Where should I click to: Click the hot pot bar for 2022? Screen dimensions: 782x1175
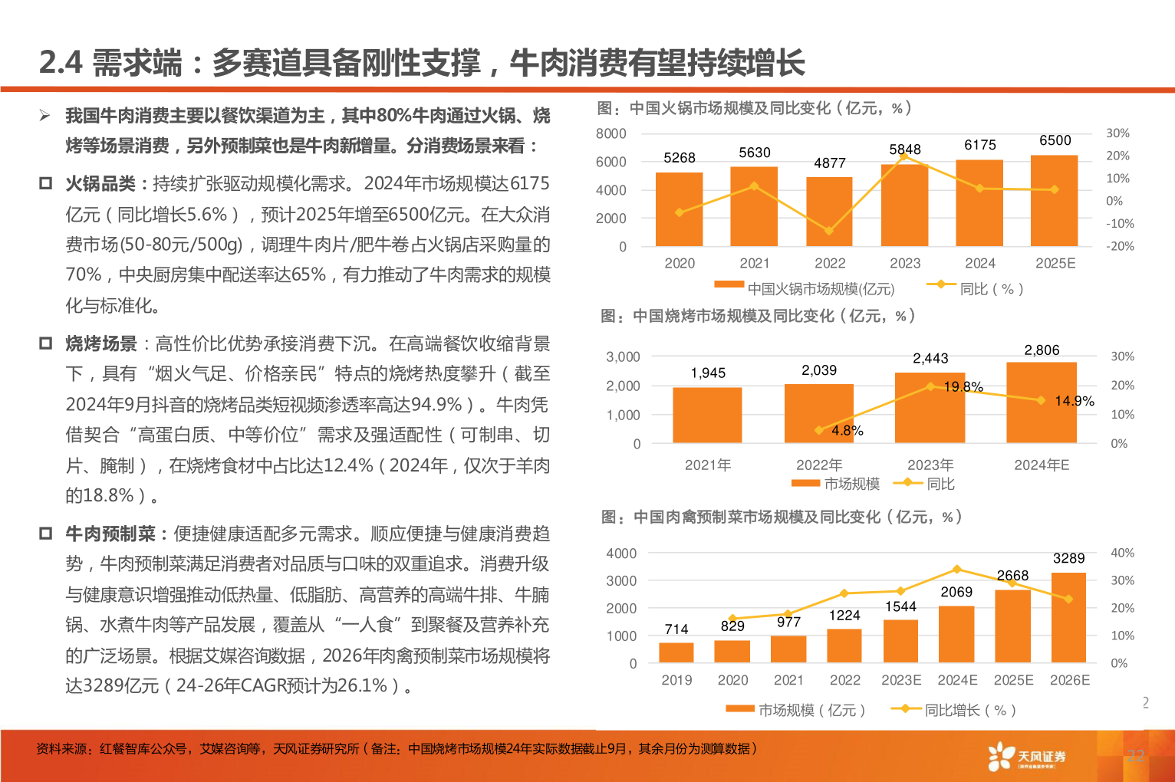coord(829,212)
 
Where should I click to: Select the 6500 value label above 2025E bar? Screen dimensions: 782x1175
coord(1055,140)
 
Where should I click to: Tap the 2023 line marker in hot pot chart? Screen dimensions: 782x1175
coord(904,156)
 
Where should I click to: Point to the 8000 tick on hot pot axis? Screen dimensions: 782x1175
coord(611,133)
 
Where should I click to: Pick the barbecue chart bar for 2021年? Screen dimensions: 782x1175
coord(707,415)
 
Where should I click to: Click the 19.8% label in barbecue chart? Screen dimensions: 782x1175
coord(963,387)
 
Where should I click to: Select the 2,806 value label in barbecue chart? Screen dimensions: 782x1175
coord(1042,350)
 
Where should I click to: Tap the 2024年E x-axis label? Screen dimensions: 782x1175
coord(1041,465)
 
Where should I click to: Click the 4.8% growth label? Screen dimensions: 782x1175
coord(847,431)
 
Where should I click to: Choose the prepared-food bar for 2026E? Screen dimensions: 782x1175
coord(1068,617)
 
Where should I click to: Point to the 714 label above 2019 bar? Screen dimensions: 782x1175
coord(676,629)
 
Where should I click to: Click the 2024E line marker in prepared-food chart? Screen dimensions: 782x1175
coord(956,570)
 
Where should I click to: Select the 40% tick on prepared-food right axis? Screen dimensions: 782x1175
coord(1122,553)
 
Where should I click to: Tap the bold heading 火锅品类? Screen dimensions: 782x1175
coord(100,184)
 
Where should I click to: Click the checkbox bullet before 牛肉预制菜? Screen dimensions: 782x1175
coord(46,534)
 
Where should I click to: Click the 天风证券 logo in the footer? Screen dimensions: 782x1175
coord(1028,757)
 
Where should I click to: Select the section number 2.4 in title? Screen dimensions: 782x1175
coord(61,63)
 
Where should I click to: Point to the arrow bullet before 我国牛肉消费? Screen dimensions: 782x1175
coord(45,116)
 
